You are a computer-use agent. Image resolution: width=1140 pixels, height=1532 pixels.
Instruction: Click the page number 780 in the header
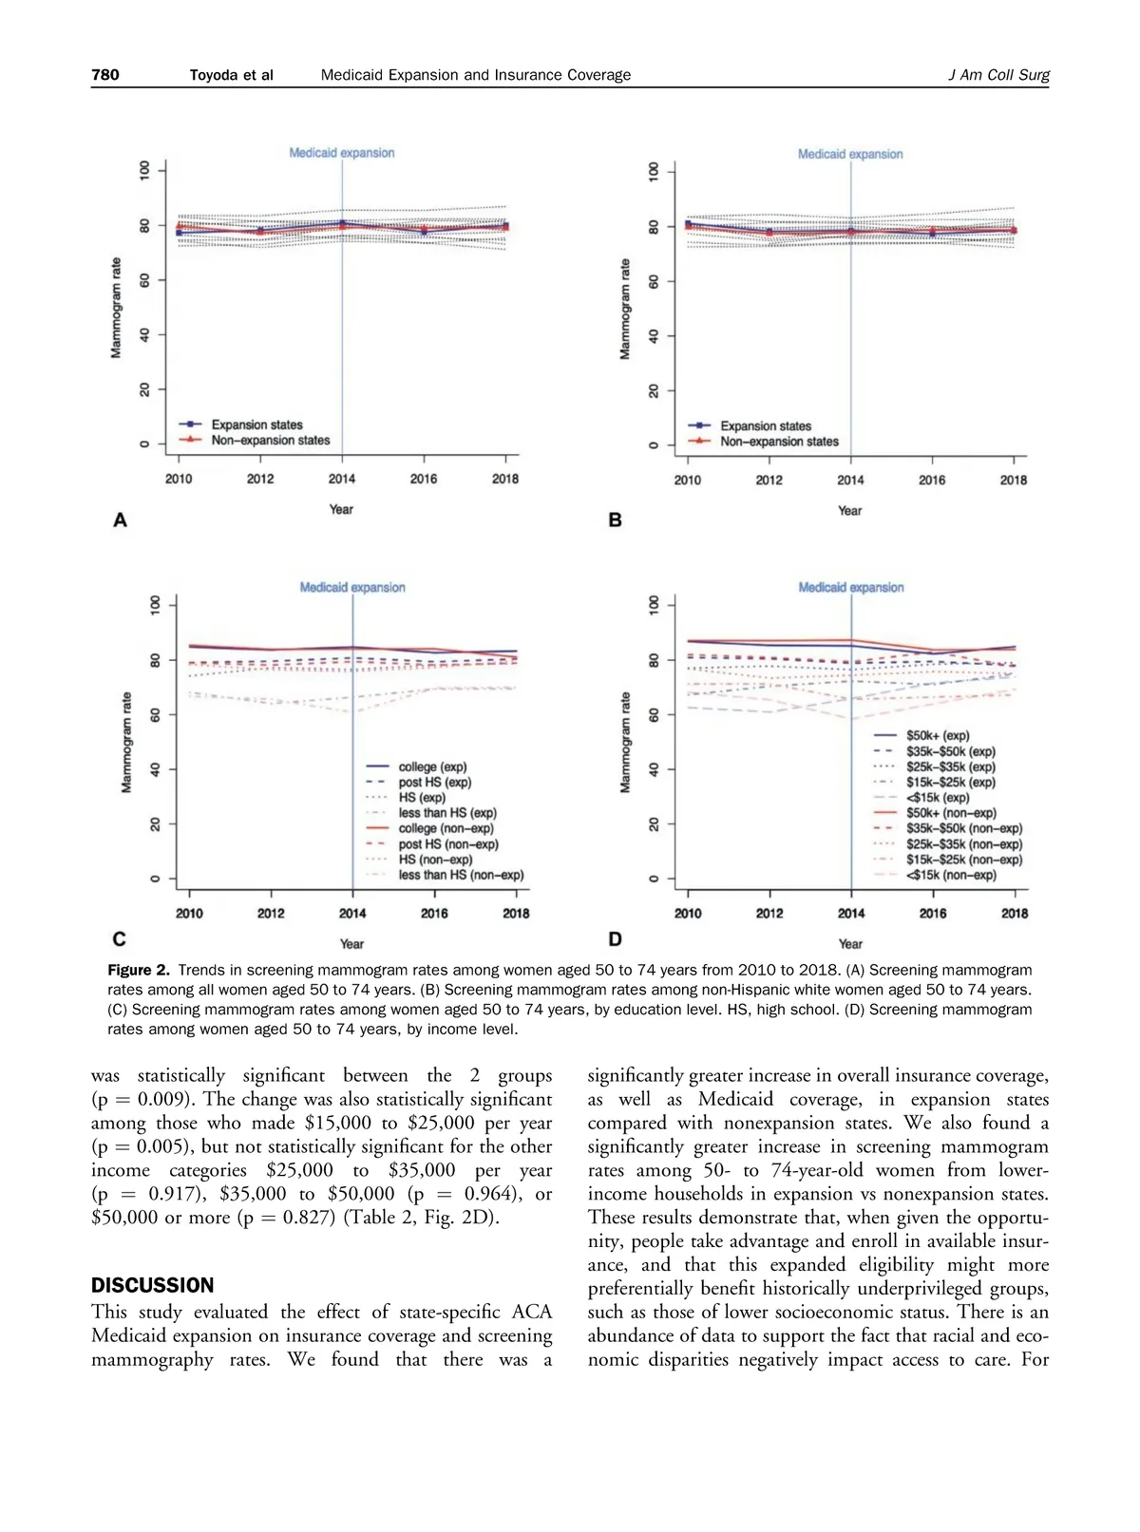click(x=105, y=75)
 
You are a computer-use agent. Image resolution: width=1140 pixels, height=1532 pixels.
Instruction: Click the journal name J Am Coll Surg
click(x=998, y=75)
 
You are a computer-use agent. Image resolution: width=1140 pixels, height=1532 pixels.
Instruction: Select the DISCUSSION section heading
click(x=152, y=1285)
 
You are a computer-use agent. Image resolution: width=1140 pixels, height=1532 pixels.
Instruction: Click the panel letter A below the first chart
click(x=120, y=520)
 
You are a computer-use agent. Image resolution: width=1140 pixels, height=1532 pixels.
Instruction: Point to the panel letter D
click(x=615, y=939)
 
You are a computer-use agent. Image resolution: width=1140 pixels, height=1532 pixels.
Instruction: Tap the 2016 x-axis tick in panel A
click(x=424, y=479)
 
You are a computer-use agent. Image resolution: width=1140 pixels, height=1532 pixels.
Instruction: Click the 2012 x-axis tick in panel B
click(x=769, y=480)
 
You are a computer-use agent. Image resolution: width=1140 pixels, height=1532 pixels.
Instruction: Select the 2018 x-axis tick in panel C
click(x=516, y=913)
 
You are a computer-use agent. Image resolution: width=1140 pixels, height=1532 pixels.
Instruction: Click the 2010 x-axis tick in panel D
click(x=688, y=913)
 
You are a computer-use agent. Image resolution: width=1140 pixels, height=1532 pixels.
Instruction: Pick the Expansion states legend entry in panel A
click(x=256, y=425)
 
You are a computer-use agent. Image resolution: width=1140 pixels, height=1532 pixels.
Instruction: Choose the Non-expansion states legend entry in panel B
click(x=779, y=442)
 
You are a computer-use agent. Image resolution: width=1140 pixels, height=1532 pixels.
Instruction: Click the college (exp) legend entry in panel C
click(x=432, y=766)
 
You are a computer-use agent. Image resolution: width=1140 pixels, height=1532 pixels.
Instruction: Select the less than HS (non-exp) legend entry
click(x=461, y=875)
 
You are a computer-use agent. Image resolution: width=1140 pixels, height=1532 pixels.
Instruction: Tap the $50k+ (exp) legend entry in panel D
click(x=937, y=735)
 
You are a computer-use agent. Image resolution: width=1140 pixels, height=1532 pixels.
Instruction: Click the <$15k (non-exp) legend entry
click(x=950, y=875)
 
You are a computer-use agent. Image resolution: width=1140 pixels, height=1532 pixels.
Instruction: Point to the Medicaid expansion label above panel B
click(x=850, y=154)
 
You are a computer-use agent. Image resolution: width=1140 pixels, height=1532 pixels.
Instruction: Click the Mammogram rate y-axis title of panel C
click(x=126, y=742)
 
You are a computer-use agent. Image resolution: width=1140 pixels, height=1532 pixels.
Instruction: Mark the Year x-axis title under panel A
click(x=341, y=510)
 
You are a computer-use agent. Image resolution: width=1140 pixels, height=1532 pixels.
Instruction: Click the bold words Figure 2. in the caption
click(x=139, y=970)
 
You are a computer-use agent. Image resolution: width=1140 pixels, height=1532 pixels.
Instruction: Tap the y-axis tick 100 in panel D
click(x=654, y=605)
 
